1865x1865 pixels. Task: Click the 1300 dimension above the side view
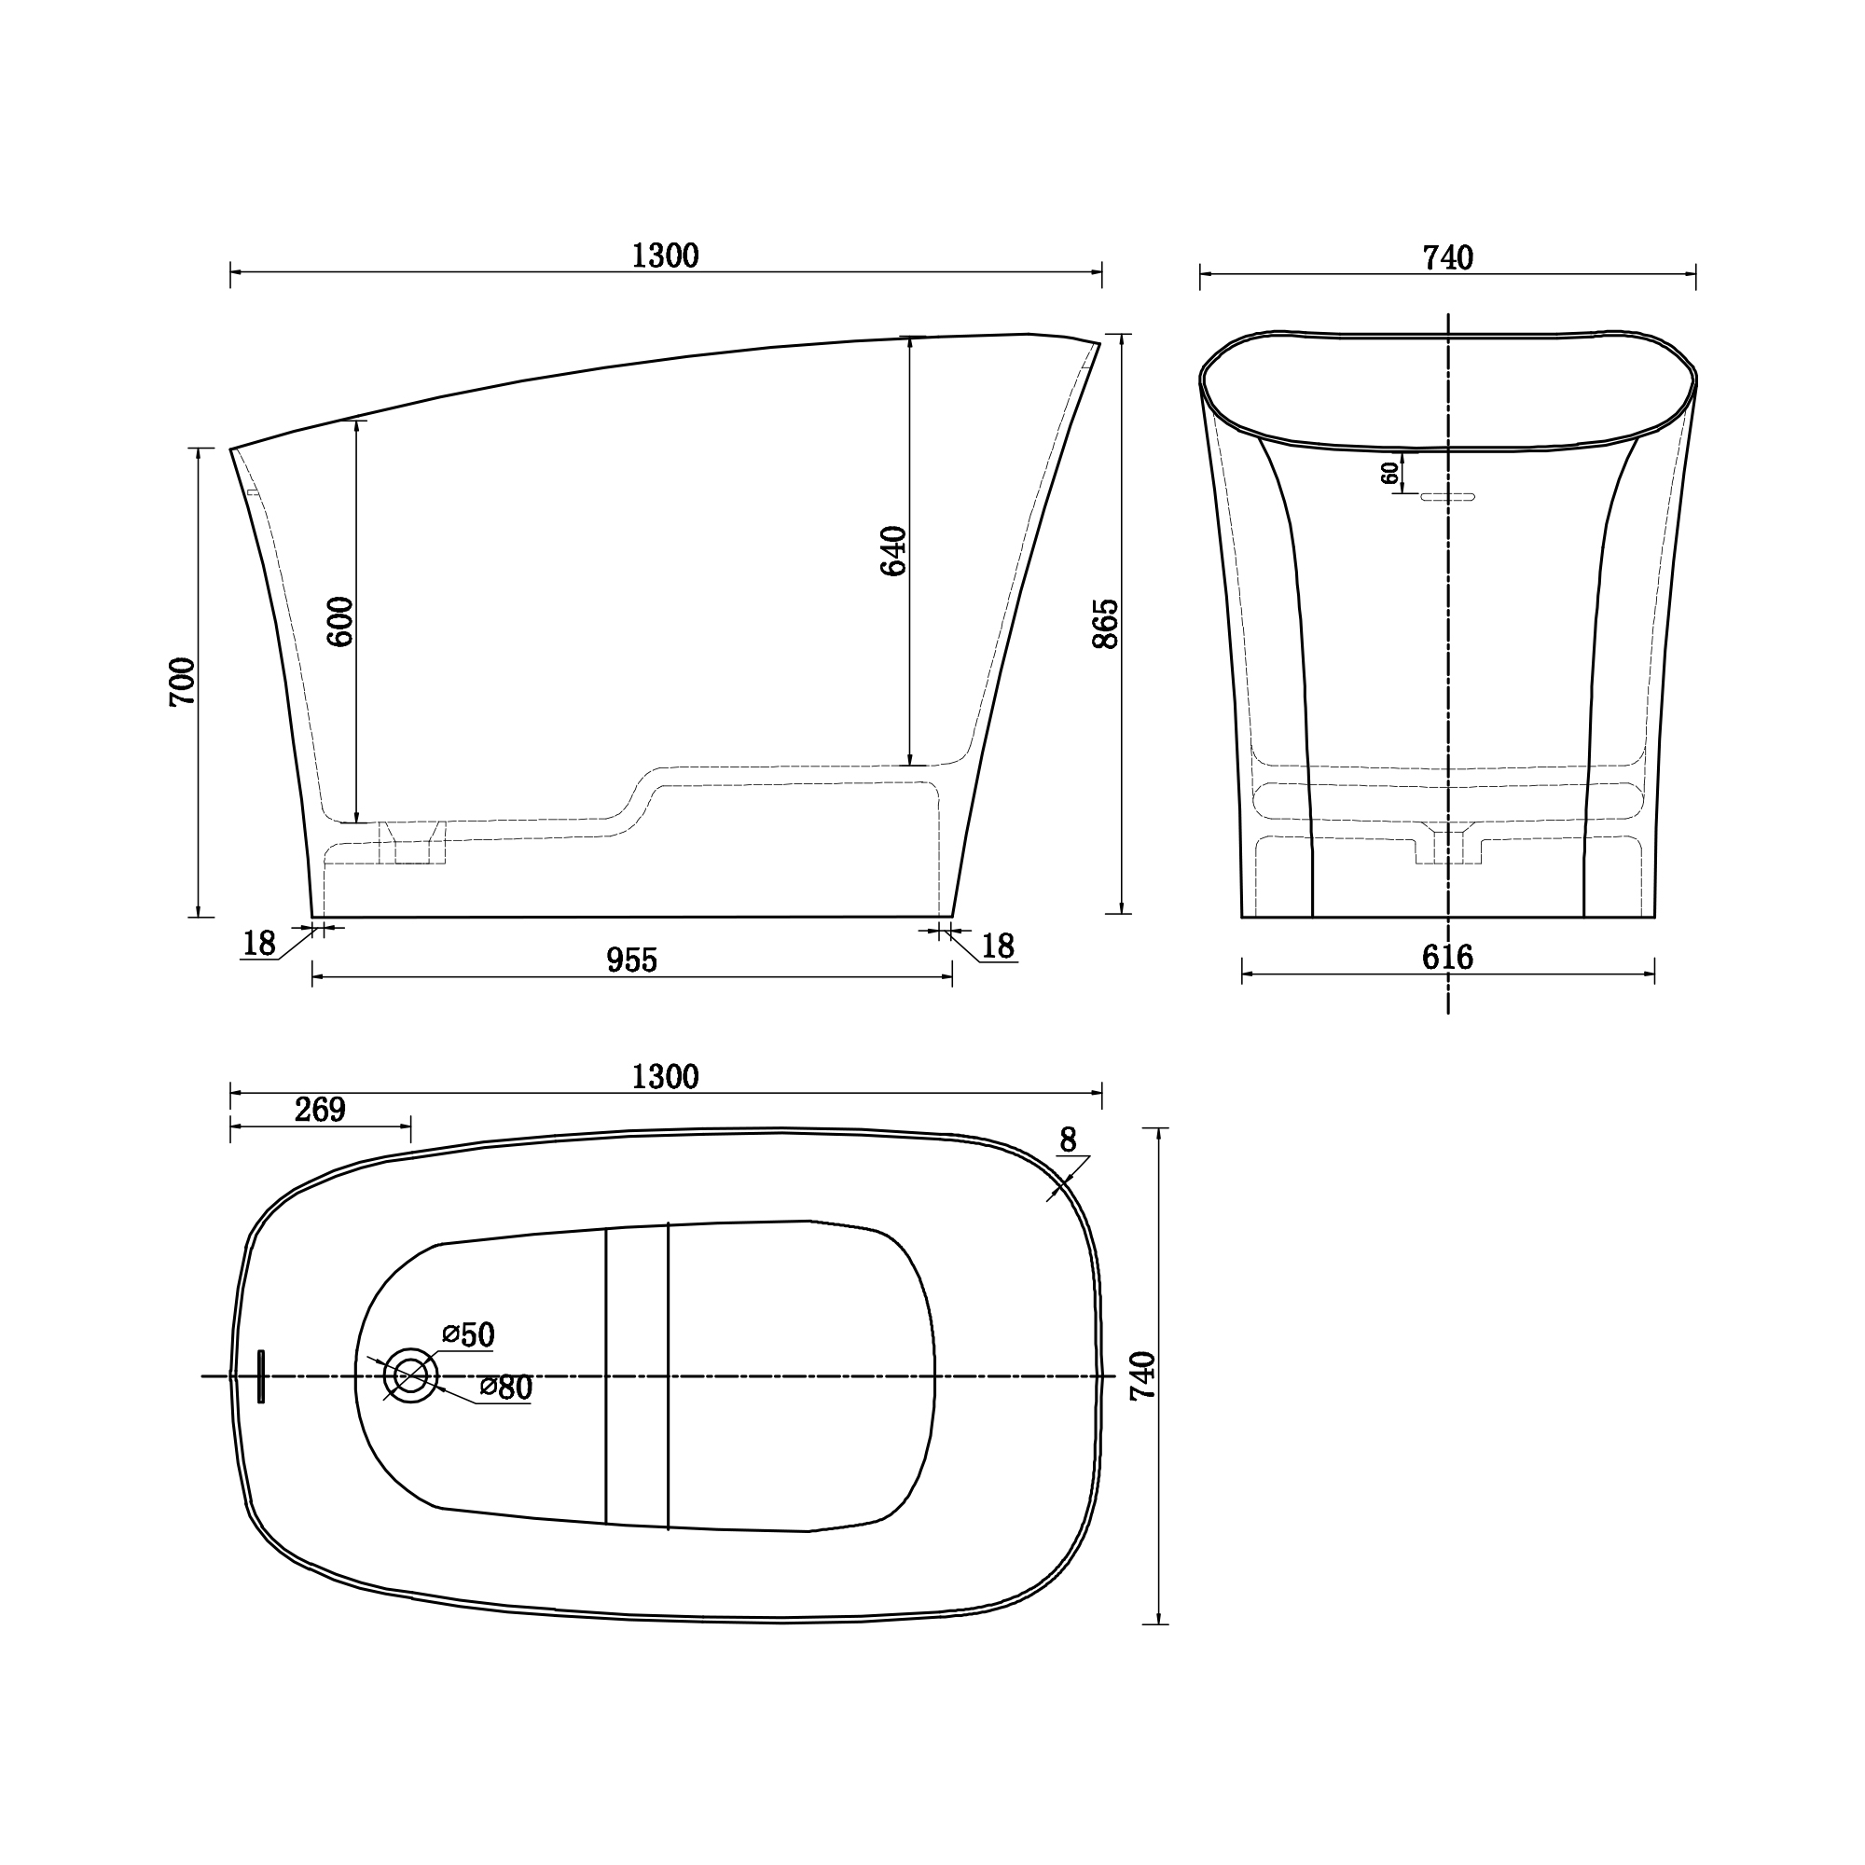[664, 256]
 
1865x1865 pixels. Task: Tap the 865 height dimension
[1106, 623]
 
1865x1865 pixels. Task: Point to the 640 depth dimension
[894, 550]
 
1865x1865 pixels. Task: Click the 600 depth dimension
[340, 621]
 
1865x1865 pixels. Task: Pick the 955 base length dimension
[631, 960]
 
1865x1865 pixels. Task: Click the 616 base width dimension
[1447, 957]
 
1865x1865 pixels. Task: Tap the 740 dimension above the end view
[1447, 257]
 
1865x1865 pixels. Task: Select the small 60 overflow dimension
[1390, 472]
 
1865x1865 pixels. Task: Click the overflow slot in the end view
[1447, 497]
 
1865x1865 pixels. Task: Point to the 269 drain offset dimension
[320, 1110]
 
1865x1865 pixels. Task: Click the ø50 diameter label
[469, 1335]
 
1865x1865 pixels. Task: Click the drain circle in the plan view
[410, 1375]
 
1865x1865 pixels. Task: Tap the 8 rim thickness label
[1068, 1140]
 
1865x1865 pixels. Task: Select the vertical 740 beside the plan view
[1143, 1376]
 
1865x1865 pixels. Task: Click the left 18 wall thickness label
[258, 943]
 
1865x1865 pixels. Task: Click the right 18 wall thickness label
[998, 946]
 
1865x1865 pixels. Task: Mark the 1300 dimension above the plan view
[664, 1076]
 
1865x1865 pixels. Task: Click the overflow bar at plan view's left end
[261, 1376]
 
